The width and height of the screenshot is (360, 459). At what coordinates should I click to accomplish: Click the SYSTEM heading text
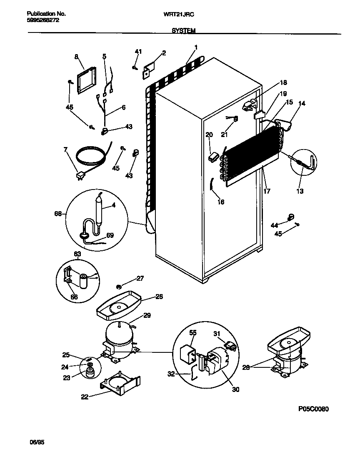click(x=182, y=31)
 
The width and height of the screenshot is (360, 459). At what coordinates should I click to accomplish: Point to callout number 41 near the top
click(x=138, y=52)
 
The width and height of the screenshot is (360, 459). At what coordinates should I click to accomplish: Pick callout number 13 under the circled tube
click(x=300, y=192)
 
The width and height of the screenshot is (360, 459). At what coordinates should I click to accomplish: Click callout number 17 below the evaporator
click(x=267, y=192)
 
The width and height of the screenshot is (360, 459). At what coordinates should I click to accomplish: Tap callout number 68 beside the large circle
click(x=58, y=214)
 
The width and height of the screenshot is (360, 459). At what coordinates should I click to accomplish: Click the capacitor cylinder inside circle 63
click(x=85, y=280)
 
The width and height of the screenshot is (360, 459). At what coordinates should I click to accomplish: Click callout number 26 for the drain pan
click(x=159, y=297)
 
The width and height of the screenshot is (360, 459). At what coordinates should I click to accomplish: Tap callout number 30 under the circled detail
click(x=236, y=390)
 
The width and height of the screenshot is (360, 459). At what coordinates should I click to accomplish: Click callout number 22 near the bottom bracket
click(x=85, y=397)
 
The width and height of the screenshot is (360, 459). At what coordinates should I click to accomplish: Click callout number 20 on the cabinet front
click(x=209, y=135)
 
